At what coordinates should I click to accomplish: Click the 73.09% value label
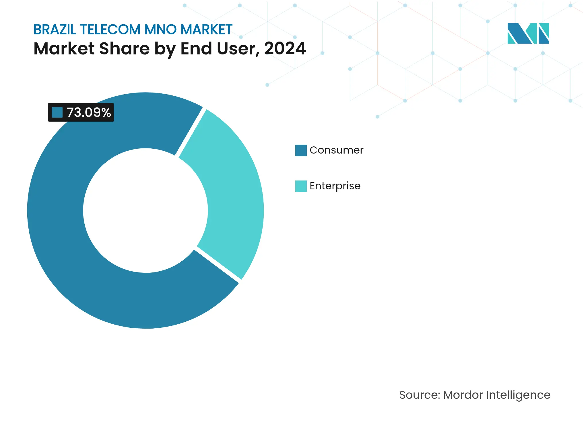coord(89,112)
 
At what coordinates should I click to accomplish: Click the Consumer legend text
coord(336,150)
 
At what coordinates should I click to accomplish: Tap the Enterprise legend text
coord(335,186)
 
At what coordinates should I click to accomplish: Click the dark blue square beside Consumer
coord(301,150)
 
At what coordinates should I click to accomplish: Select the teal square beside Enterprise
coord(301,186)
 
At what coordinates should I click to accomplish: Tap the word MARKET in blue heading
coord(206,30)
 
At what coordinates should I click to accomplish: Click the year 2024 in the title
coord(285,48)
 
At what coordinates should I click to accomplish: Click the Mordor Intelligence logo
coord(528,33)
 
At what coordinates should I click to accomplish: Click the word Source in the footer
coord(419,395)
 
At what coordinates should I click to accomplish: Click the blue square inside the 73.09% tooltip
coord(57,112)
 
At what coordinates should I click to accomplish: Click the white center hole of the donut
coord(145,211)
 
